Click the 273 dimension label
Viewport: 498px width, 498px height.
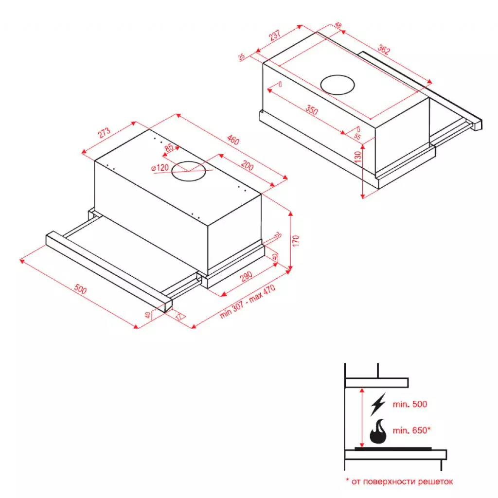click(105, 134)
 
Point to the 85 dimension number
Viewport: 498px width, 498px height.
click(169, 147)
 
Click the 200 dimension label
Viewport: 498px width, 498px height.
click(248, 166)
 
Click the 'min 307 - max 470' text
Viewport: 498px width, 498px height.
click(248, 302)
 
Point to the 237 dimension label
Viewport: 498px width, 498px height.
click(275, 37)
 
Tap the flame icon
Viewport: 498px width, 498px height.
click(379, 431)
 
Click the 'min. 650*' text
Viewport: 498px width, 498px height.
click(412, 430)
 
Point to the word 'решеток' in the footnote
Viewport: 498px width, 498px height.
click(436, 481)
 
